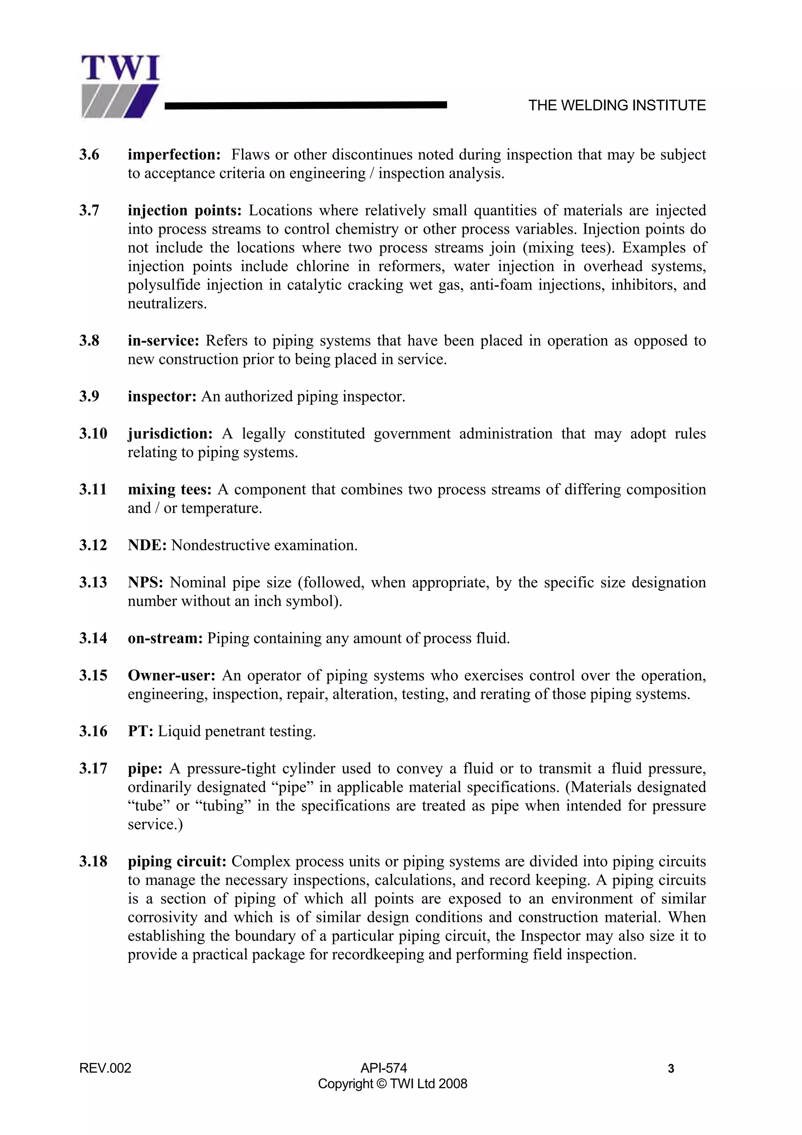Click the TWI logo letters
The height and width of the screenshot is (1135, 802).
120,69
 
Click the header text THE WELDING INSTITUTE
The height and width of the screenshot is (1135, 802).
617,105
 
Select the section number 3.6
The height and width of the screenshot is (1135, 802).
89,155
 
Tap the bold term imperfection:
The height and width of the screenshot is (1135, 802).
174,155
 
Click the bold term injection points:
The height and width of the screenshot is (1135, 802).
184,211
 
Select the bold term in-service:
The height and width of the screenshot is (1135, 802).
163,340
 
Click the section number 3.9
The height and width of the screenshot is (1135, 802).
89,396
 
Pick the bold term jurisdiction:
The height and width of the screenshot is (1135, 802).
170,434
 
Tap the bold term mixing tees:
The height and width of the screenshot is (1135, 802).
170,489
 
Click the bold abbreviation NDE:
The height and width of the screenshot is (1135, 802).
147,545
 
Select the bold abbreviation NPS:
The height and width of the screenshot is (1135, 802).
145,582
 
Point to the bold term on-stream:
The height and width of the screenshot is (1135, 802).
165,638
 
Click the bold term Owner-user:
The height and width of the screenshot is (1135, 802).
172,675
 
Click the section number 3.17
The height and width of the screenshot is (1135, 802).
92,768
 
